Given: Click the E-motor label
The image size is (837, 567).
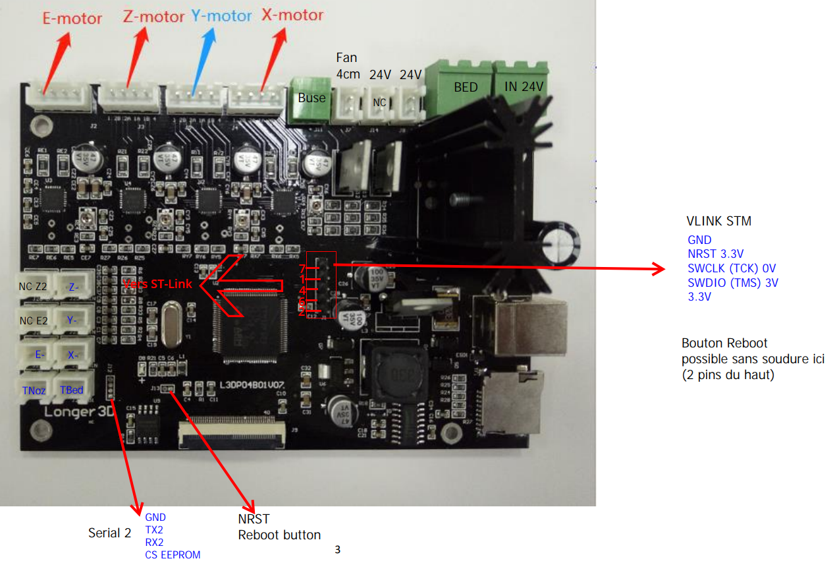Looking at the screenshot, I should pyautogui.click(x=72, y=18).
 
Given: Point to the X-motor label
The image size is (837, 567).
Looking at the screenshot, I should pyautogui.click(x=292, y=14).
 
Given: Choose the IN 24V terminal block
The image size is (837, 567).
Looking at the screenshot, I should pyautogui.click(x=524, y=86).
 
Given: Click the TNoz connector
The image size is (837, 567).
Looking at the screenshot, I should pyautogui.click(x=34, y=390).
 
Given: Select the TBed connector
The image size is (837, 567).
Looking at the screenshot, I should pyautogui.click(x=71, y=390).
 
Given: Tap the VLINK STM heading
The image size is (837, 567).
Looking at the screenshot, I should pyautogui.click(x=718, y=222).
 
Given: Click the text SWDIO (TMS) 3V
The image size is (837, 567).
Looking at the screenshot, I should pyautogui.click(x=732, y=283).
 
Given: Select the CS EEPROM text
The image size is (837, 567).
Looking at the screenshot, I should pyautogui.click(x=173, y=554).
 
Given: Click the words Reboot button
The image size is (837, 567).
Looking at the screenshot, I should pyautogui.click(x=279, y=535).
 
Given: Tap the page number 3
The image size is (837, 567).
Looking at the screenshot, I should pyautogui.click(x=338, y=549).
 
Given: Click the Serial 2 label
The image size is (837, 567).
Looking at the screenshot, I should pyautogui.click(x=109, y=533).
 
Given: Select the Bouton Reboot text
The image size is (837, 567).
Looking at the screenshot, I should pyautogui.click(x=724, y=343).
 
